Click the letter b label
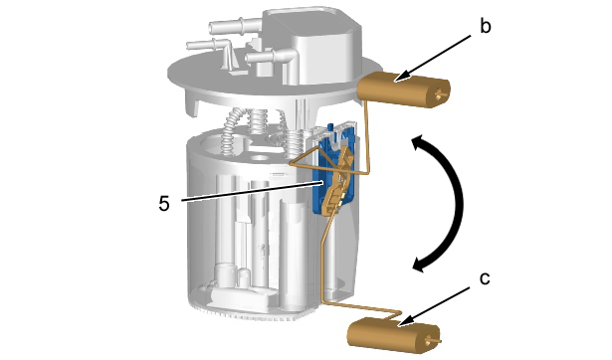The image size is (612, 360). tap(485, 27)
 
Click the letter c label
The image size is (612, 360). tap(485, 278)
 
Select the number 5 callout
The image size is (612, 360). tap(164, 203)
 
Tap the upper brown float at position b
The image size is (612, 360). tap(404, 89)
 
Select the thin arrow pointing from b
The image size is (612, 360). tap(433, 59)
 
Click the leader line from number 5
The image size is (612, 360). tap(252, 191)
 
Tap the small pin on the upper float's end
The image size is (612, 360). tap(441, 93)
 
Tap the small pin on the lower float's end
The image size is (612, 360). tap(434, 340)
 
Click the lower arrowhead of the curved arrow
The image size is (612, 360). tap(423, 264)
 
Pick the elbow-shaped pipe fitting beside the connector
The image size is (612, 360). tap(274, 59)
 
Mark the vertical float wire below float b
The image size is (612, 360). tap(366, 136)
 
